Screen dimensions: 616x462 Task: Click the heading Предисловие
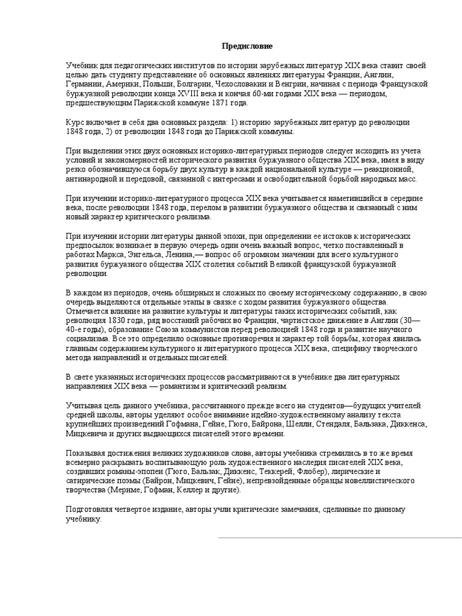click(x=230, y=46)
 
